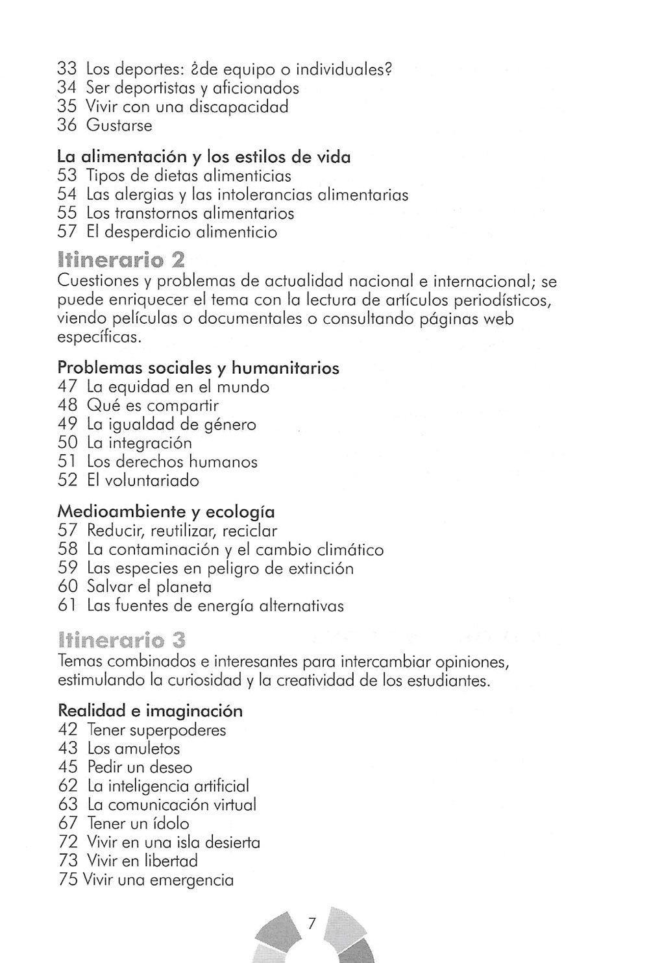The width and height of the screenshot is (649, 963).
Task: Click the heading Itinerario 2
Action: point(121,262)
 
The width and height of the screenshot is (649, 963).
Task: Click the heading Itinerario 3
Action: point(121,641)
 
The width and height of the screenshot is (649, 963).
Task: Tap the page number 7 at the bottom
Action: point(312,924)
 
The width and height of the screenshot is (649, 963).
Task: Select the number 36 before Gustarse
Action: point(67,125)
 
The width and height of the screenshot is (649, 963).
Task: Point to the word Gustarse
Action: point(119,125)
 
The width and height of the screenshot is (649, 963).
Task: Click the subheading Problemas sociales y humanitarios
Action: point(198,368)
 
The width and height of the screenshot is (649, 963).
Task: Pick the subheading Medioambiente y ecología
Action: point(165,511)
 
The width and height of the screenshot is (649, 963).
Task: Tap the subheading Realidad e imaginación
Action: point(150,711)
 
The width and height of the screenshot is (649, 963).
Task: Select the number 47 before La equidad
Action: point(67,387)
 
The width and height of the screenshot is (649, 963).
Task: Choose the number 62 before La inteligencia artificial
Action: point(67,786)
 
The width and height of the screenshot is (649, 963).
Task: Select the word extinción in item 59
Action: point(321,568)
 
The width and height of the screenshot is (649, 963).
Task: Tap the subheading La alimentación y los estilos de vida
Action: point(204,157)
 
